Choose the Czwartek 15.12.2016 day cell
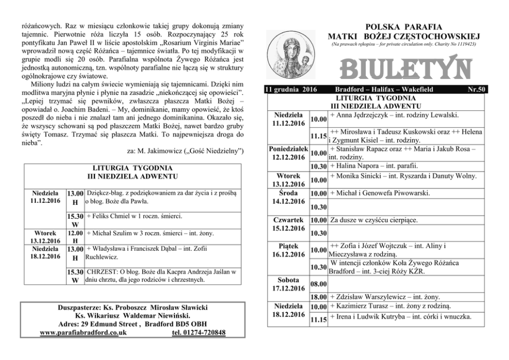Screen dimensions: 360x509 (x=287, y=224)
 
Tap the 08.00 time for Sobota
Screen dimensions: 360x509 (x=319, y=283)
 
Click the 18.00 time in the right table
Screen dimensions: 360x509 (x=319, y=296)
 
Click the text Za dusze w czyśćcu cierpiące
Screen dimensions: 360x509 (x=374, y=220)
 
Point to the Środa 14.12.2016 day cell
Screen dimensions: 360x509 (x=287, y=197)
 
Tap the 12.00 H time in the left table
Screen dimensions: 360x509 (x=75, y=237)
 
